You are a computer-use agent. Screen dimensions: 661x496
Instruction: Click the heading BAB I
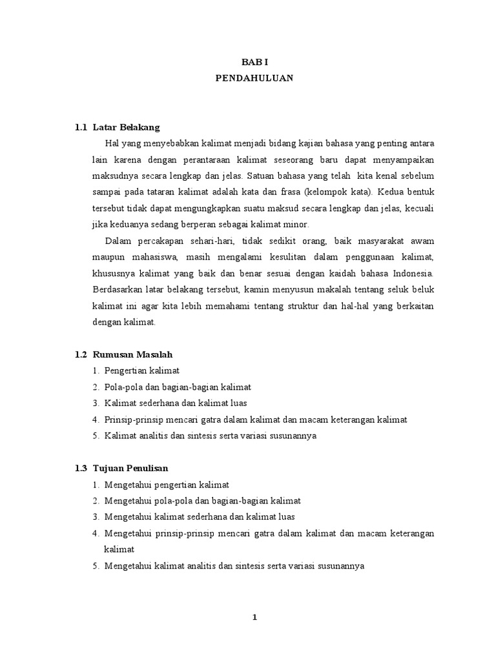coord(254,63)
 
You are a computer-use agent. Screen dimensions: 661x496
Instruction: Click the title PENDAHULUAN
coord(254,78)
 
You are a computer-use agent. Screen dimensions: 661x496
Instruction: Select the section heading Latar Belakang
coord(126,127)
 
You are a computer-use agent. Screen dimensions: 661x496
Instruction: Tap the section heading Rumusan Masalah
coord(133,354)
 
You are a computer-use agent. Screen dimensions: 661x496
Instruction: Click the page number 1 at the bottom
coord(254,618)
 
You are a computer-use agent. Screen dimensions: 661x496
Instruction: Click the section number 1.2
coord(80,354)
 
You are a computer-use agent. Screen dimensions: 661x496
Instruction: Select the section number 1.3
coord(80,467)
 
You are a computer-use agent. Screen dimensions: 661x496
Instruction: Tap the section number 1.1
coord(80,127)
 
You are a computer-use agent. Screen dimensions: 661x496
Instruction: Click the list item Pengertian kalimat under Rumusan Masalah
coord(141,371)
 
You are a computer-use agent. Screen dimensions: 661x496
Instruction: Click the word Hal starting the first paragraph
coord(112,143)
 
